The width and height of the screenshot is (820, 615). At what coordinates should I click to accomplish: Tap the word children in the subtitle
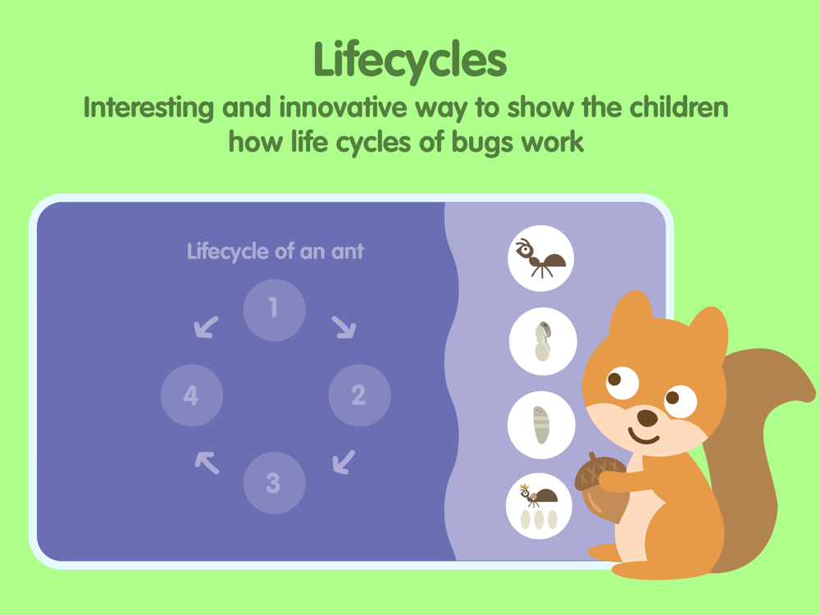point(679,107)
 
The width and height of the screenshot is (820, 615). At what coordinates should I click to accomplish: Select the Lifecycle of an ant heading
point(275,252)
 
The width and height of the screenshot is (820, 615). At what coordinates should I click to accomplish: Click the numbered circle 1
point(274,310)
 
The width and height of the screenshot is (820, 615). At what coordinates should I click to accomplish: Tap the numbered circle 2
point(359,395)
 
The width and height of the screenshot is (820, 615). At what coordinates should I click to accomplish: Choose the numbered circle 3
point(274,483)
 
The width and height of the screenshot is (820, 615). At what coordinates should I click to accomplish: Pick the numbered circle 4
point(192,395)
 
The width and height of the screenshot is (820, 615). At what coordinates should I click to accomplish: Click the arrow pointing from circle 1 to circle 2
point(344,327)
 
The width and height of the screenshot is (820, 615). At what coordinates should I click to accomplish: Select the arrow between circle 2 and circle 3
point(344,462)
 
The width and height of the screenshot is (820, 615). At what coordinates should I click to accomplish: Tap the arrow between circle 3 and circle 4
point(207,462)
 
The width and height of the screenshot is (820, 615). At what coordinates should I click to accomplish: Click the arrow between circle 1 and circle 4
point(206,327)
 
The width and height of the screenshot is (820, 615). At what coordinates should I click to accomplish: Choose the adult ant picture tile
point(540,258)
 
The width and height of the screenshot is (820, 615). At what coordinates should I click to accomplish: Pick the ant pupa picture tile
point(543,341)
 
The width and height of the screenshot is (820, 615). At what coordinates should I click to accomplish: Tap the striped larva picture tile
point(541,425)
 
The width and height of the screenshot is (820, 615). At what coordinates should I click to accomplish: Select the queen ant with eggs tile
point(540,506)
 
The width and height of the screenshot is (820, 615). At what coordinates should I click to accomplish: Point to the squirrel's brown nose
point(648,418)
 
